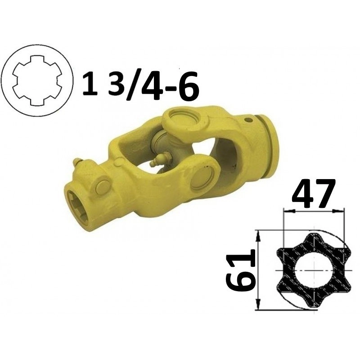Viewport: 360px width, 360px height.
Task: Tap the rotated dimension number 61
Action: [x=241, y=270]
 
